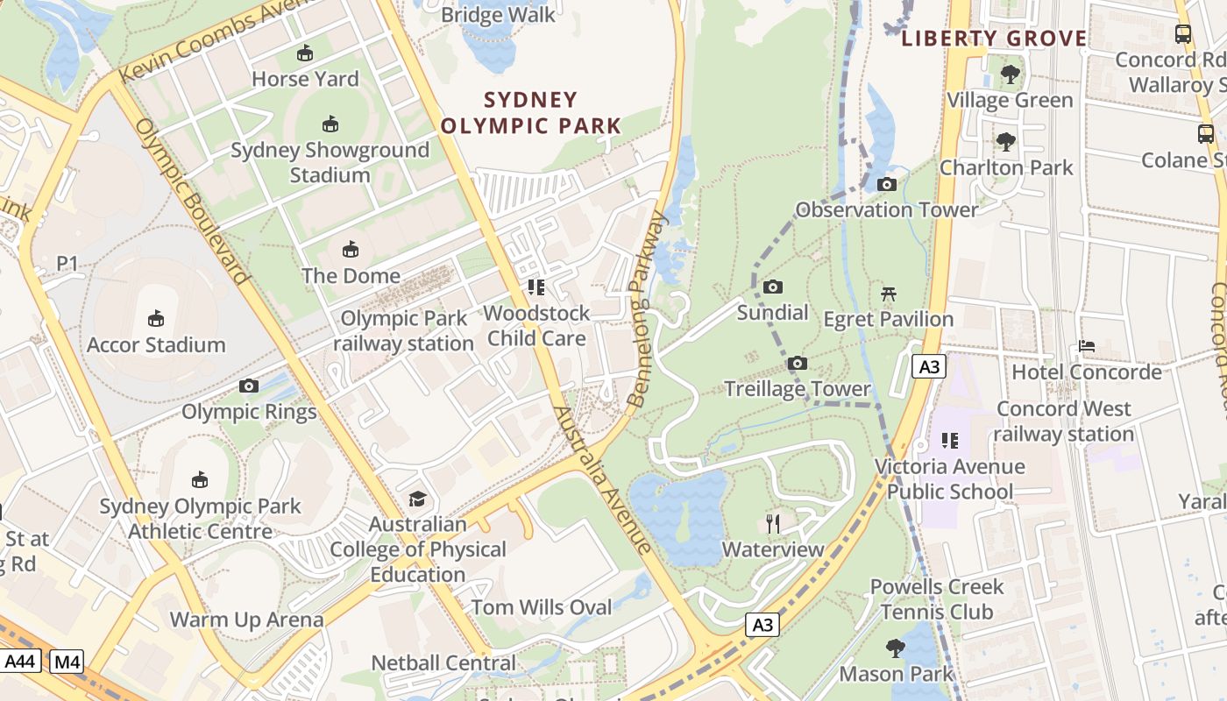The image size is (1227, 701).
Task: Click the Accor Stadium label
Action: tap(156, 344)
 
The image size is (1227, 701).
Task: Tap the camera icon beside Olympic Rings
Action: tap(249, 386)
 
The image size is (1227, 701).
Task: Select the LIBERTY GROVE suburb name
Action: tap(994, 39)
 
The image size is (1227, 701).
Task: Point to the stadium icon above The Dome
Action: tap(351, 250)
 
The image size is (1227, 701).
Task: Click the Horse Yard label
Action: tap(305, 79)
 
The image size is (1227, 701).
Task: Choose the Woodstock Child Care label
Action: tap(536, 325)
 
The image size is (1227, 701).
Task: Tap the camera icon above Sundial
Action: tap(772, 287)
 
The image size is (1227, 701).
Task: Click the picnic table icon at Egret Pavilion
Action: tap(889, 294)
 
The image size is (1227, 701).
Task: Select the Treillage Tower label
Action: tap(797, 388)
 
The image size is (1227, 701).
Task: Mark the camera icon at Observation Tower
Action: tap(887, 184)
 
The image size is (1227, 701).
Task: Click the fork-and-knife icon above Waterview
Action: tap(773, 524)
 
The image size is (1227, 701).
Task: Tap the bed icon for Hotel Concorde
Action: tap(1087, 346)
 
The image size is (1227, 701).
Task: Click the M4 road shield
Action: tap(67, 662)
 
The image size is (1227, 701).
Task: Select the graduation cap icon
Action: tap(417, 499)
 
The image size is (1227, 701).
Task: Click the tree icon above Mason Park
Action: tap(895, 648)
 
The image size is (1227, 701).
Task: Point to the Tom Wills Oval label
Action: tap(542, 607)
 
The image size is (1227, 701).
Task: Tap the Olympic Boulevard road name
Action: tap(192, 202)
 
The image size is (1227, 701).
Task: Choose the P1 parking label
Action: tap(67, 263)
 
